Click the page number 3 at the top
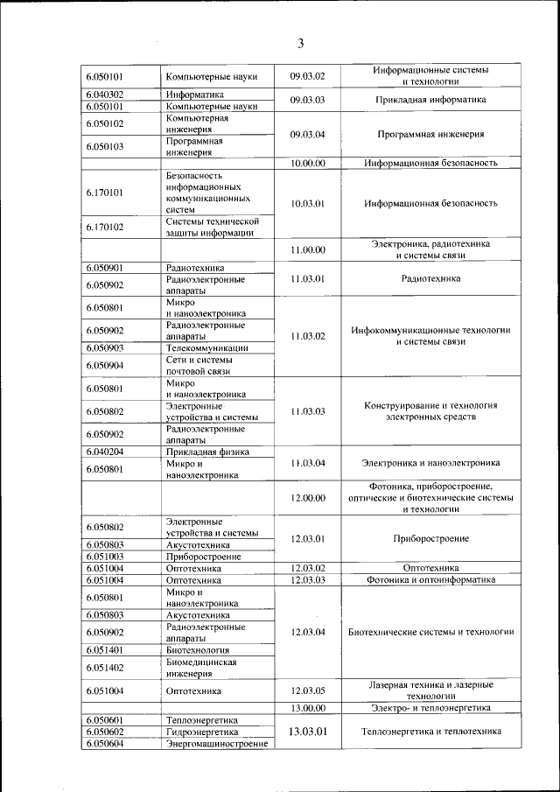[x=300, y=43]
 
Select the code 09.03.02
[x=307, y=76]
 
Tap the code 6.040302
[x=104, y=95]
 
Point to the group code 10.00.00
[x=307, y=163]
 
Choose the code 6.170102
[x=104, y=228]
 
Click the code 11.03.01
[x=307, y=279]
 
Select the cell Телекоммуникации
[x=206, y=348]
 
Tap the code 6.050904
[x=104, y=366]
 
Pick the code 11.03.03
[x=307, y=411]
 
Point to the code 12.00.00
[x=307, y=498]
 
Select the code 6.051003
[x=104, y=557]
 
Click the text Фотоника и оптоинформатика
[x=430, y=579]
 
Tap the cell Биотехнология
[x=198, y=650]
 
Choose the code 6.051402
[x=104, y=668]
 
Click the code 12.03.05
[x=307, y=690]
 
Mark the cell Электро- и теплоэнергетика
[x=430, y=708]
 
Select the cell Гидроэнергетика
[x=202, y=732]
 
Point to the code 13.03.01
[x=307, y=732]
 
